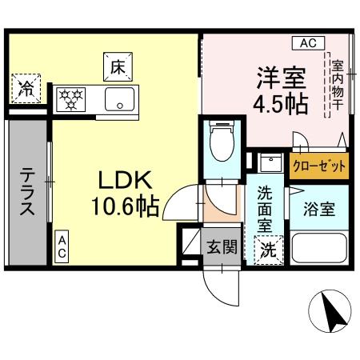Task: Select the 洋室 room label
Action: pos(281,79)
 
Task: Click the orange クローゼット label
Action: pos(319,166)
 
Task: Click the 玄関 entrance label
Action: pos(222,247)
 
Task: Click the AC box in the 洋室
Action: pos(308,42)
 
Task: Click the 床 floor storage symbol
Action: pos(117,66)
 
